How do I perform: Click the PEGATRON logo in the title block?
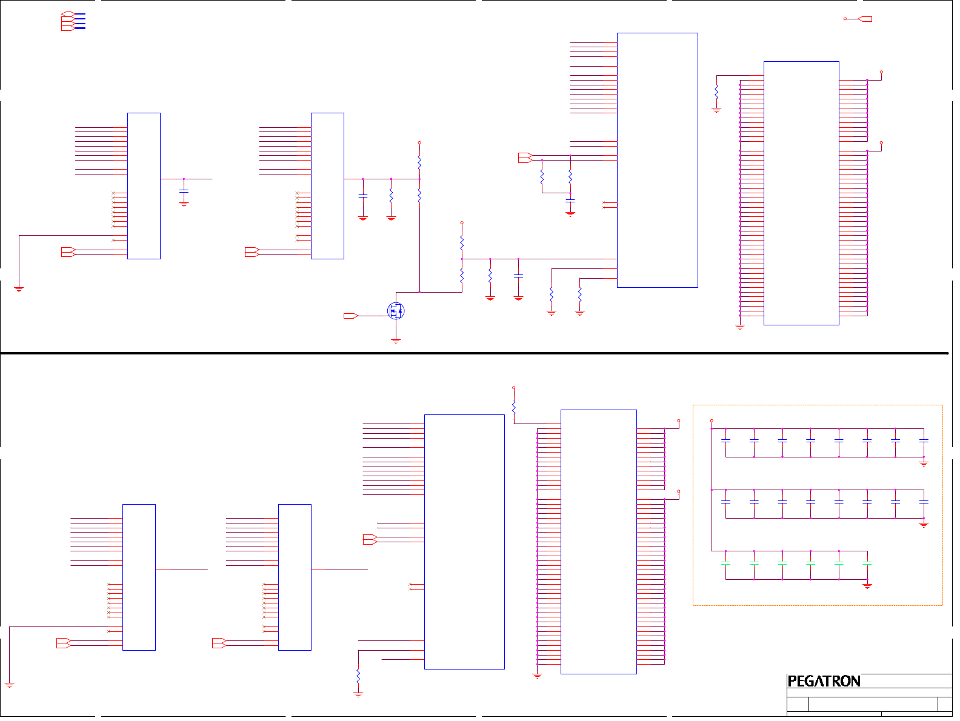click(824, 681)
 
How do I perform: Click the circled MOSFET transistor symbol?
click(396, 311)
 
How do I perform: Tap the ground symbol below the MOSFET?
click(396, 342)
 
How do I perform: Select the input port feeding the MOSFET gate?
click(351, 316)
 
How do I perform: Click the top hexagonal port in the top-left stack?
click(68, 14)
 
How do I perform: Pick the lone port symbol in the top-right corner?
click(865, 19)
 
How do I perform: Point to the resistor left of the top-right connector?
click(716, 92)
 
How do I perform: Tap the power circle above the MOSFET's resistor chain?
click(419, 143)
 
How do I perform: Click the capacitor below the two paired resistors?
click(570, 200)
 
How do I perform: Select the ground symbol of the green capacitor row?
click(867, 586)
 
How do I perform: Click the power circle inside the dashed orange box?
click(712, 420)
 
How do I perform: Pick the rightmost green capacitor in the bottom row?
click(867, 563)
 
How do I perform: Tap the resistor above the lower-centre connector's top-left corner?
click(514, 407)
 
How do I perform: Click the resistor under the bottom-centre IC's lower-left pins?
click(358, 676)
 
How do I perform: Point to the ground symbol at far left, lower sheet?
click(10, 685)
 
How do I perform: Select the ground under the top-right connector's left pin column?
click(740, 327)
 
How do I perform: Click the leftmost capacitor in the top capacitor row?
click(726, 440)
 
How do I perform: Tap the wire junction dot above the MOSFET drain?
click(419, 292)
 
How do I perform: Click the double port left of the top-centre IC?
click(525, 158)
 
